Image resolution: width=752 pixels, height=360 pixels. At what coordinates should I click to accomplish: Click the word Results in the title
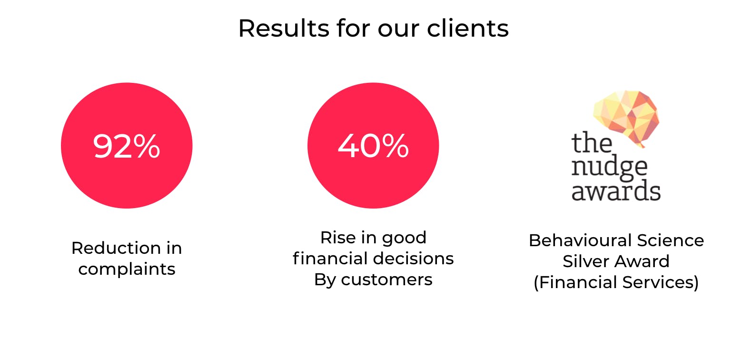click(284, 28)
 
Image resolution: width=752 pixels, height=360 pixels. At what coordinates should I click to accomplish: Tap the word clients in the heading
click(468, 28)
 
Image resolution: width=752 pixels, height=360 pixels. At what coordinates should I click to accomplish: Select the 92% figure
click(127, 146)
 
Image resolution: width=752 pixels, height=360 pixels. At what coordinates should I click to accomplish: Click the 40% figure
click(373, 146)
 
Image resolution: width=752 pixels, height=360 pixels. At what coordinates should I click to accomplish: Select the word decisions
click(413, 259)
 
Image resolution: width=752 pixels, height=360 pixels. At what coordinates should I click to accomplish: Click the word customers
click(386, 280)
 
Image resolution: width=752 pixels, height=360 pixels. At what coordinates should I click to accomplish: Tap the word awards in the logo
click(616, 190)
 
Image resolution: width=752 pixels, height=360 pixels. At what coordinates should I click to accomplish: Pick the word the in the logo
click(592, 142)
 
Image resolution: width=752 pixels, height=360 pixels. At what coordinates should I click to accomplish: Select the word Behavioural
click(580, 240)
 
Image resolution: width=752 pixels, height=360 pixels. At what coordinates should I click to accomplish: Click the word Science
click(671, 240)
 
